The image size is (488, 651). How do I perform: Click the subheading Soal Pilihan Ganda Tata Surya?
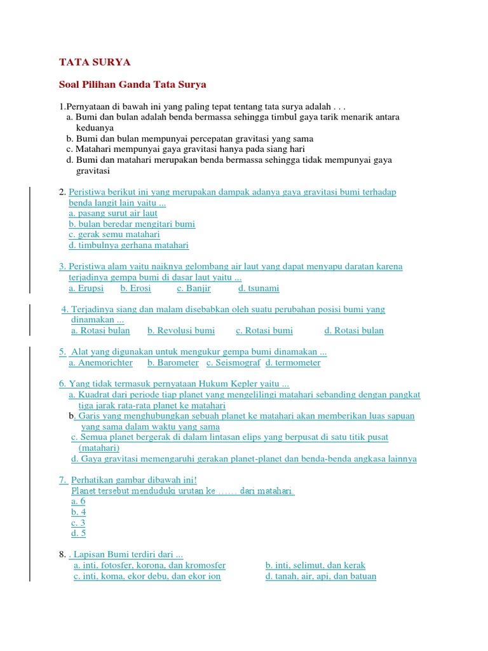(133, 84)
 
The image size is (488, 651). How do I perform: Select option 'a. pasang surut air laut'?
(113, 214)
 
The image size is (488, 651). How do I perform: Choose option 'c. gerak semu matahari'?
(114, 235)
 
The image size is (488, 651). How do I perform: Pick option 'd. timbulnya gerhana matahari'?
(128, 245)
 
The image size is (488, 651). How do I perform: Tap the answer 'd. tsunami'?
(259, 288)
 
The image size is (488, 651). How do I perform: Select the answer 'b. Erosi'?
(135, 288)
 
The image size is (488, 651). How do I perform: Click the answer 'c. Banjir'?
(194, 288)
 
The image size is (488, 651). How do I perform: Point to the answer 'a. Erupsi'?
(86, 288)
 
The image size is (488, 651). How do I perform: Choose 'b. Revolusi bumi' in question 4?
(181, 331)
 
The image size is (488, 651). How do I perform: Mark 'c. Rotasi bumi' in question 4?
(264, 331)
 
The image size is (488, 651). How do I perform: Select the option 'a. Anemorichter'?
(100, 363)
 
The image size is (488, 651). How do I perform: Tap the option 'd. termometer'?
(293, 363)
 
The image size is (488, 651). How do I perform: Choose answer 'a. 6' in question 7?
(78, 502)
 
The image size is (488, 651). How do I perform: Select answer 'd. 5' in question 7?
(78, 533)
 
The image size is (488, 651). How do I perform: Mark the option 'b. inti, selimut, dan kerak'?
(315, 565)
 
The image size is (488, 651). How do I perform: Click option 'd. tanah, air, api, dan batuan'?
(321, 576)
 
